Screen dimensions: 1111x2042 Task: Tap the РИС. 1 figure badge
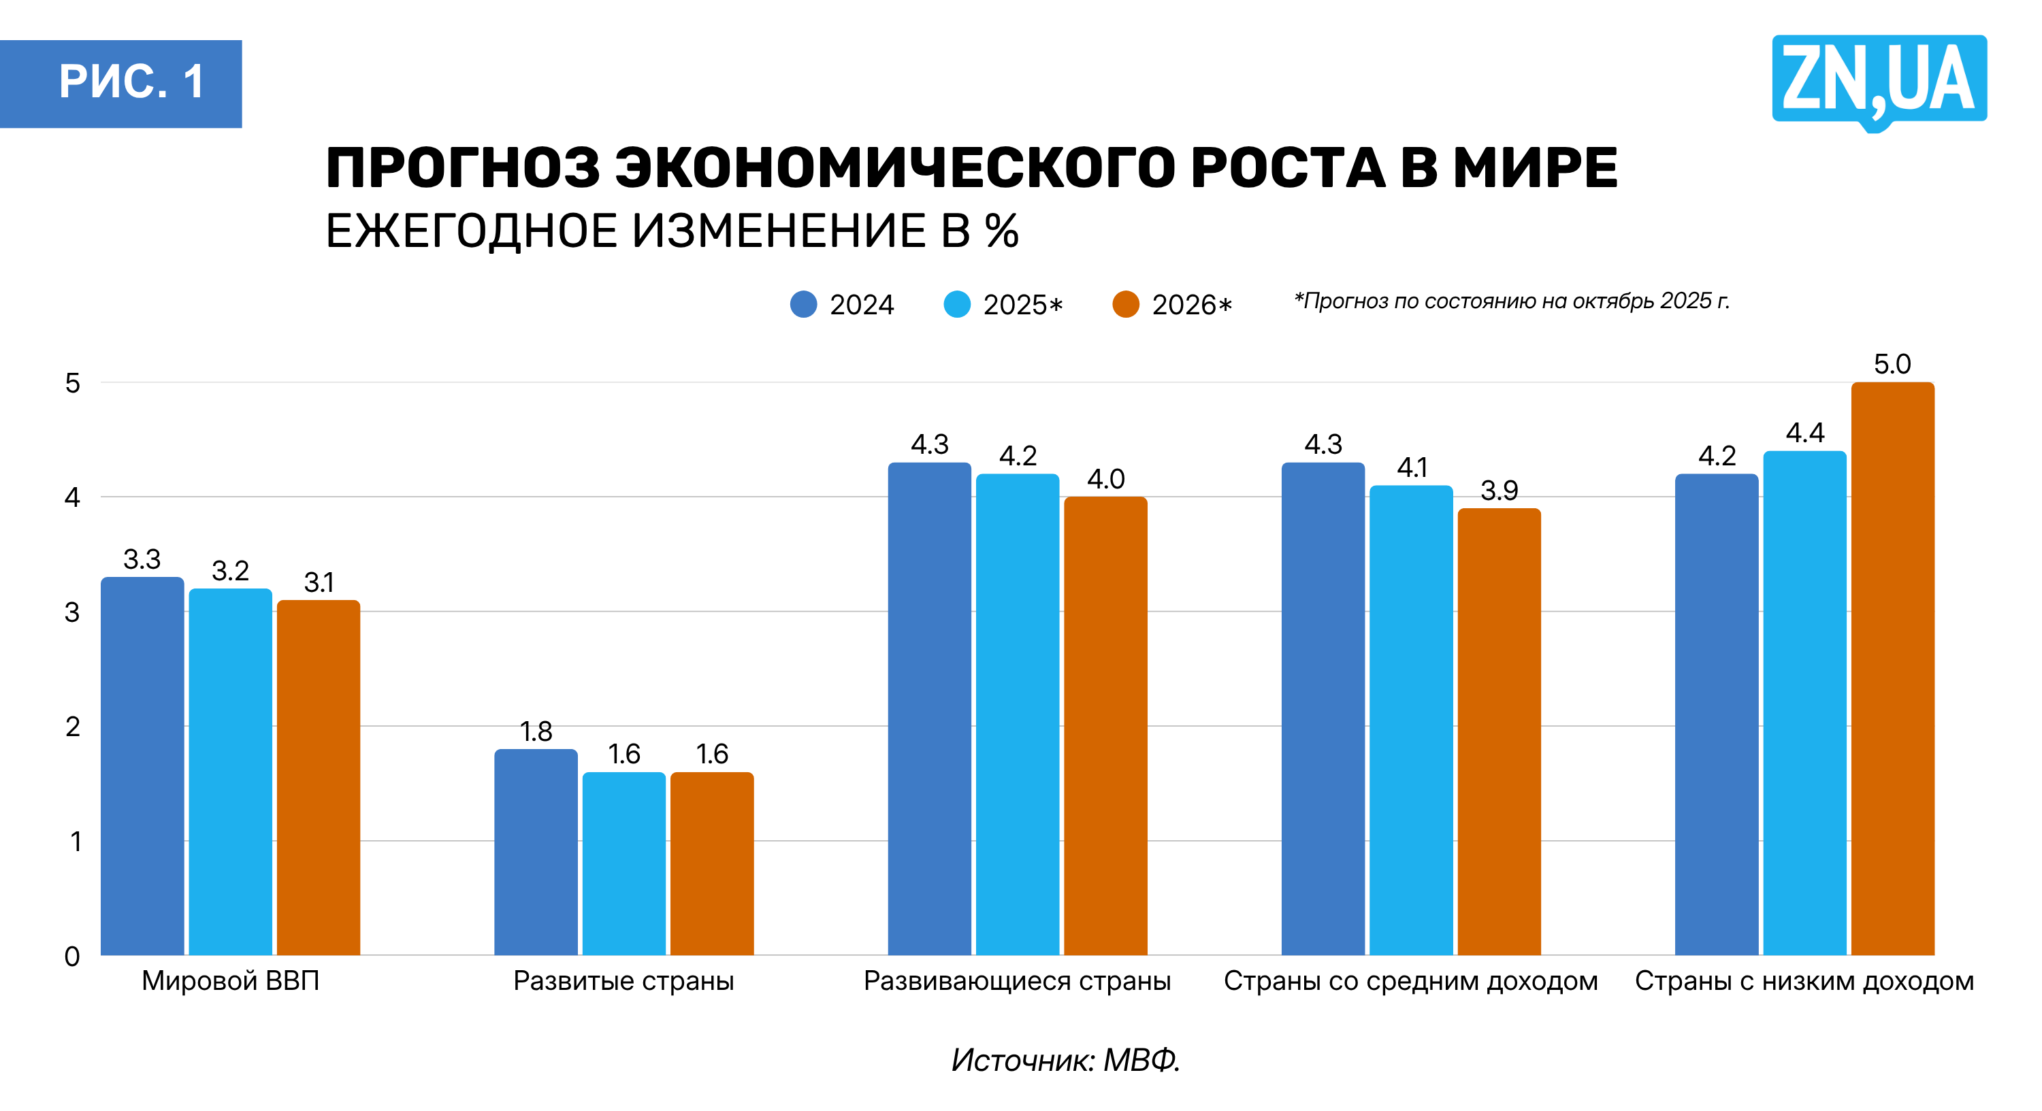coord(121,83)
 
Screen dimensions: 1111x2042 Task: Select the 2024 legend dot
coord(803,304)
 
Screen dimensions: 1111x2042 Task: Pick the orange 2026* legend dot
coord(1126,304)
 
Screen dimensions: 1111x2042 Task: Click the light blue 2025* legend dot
coord(957,304)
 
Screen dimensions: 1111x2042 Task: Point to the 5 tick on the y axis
coord(73,384)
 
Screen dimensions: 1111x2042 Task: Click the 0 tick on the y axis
coord(72,957)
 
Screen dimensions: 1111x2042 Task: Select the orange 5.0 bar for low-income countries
coord(1892,669)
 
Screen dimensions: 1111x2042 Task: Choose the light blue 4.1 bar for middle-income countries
coord(1411,721)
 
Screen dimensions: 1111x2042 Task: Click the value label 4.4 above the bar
coord(1805,433)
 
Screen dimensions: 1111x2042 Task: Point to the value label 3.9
coord(1499,491)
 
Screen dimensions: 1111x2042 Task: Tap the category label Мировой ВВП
coord(230,981)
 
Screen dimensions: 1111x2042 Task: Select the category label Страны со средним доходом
coord(1410,981)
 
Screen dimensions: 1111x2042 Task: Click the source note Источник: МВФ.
coord(1065,1059)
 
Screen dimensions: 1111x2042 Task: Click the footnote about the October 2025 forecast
coord(1511,301)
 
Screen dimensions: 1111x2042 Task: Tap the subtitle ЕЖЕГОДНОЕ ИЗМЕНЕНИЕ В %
coord(672,231)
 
